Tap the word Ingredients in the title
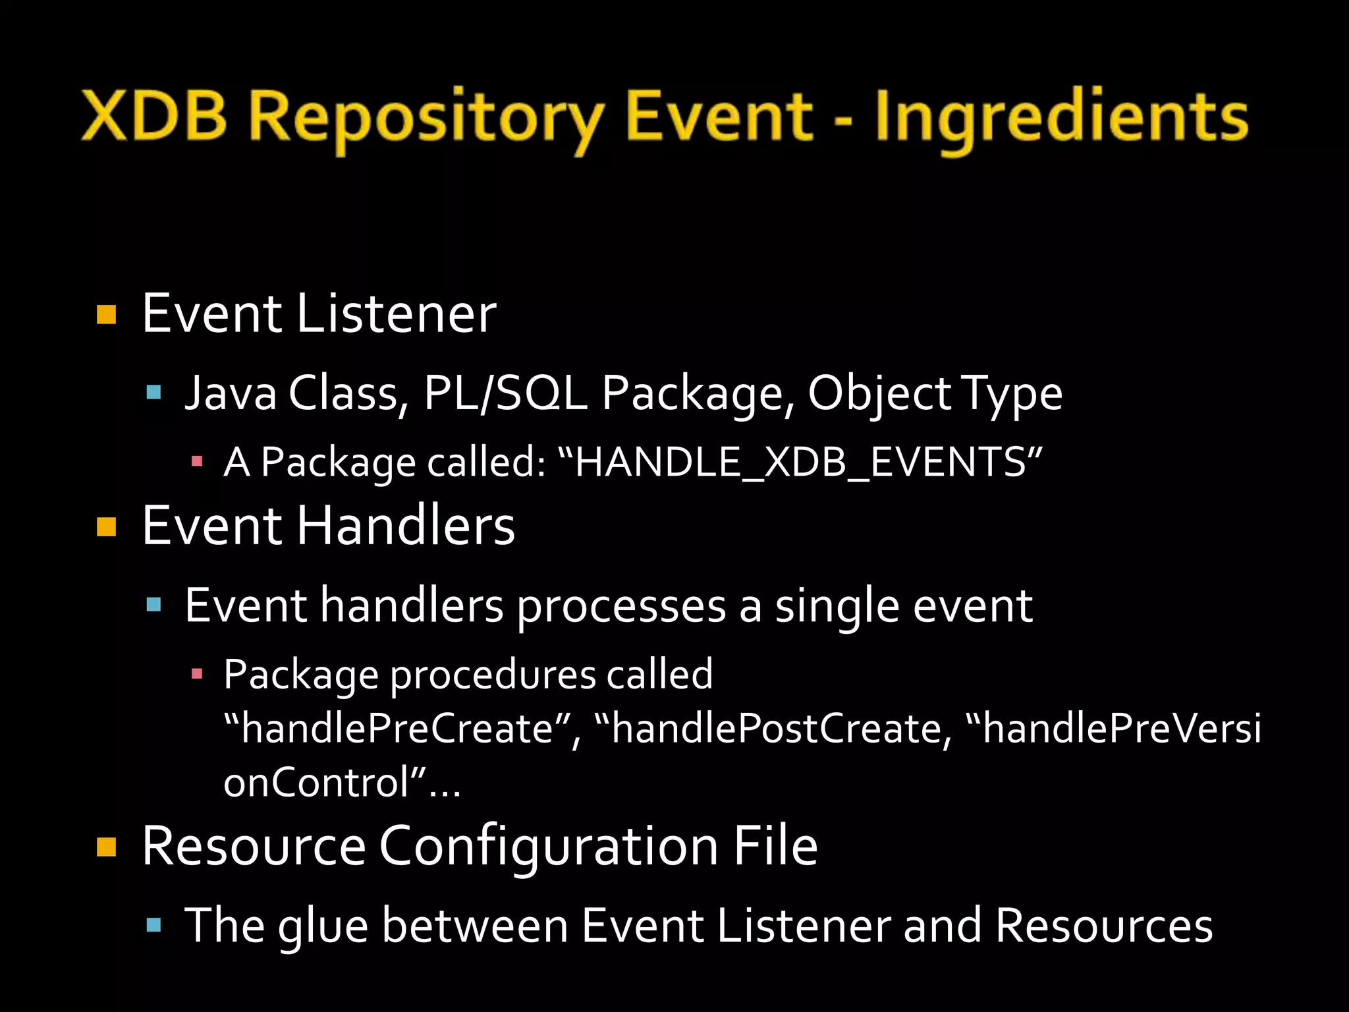(1061, 119)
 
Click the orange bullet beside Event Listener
(106, 315)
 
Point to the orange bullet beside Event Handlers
(106, 527)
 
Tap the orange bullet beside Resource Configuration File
(106, 847)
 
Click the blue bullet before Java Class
(153, 393)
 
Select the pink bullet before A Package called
(196, 462)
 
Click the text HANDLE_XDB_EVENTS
(800, 462)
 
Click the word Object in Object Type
(879, 393)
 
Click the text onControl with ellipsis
(341, 783)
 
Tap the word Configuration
(548, 847)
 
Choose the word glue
(323, 926)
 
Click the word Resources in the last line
(1103, 926)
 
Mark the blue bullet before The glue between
(153, 925)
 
